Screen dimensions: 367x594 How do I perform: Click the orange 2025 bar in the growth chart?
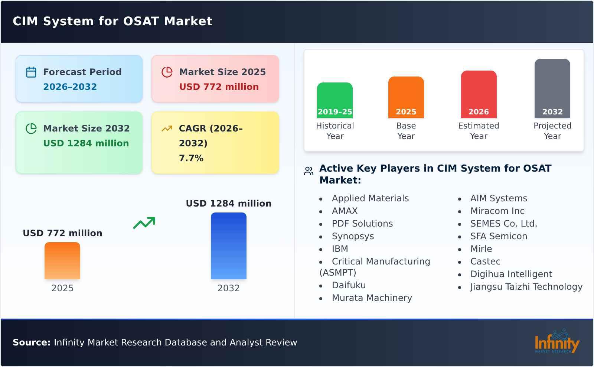point(62,261)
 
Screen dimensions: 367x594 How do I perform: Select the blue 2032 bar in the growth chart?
point(228,246)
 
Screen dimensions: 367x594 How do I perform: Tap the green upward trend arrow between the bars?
point(144,223)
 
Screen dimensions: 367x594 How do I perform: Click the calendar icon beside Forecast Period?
point(31,72)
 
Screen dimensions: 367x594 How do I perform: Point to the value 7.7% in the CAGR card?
point(191,158)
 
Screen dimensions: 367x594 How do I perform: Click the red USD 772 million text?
point(219,87)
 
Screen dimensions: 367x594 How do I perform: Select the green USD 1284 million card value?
point(86,143)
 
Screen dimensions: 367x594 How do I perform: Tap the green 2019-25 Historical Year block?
point(334,100)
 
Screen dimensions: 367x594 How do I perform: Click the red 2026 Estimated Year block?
point(479,94)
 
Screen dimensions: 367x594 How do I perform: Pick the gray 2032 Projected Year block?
point(552,88)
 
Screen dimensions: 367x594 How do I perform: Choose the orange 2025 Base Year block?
point(406,97)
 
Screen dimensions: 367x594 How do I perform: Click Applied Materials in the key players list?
point(370,198)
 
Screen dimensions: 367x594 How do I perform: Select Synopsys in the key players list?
point(353,236)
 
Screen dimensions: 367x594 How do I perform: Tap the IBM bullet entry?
point(340,249)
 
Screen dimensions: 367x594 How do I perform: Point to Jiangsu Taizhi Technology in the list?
point(526,287)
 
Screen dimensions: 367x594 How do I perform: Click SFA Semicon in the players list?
point(499,236)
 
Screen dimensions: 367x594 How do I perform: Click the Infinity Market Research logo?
point(557,342)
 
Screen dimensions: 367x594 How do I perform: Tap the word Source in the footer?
point(31,342)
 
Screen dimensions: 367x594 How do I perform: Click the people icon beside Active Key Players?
point(309,171)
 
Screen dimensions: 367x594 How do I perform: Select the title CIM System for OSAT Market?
point(112,21)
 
